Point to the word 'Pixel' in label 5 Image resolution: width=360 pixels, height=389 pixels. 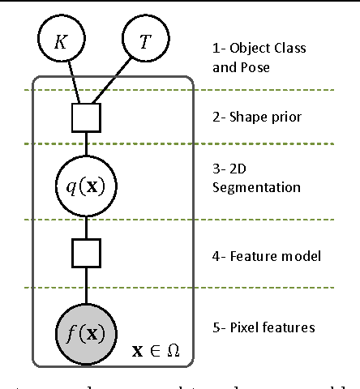tap(257, 327)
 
